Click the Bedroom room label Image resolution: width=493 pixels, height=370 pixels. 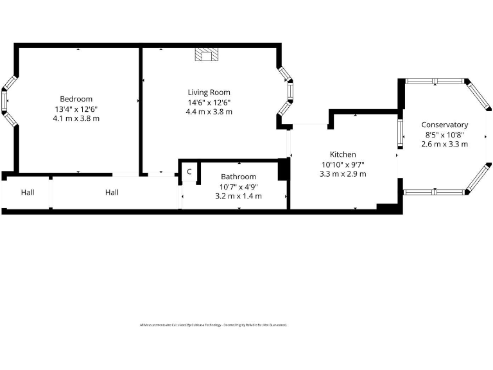[x=76, y=99]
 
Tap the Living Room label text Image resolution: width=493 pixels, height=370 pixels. [x=209, y=92]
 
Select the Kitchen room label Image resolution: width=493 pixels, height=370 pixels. [x=343, y=154]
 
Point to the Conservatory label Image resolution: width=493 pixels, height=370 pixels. [x=444, y=125]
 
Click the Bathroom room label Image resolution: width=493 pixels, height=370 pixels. [x=238, y=177]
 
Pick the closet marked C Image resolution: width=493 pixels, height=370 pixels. [x=189, y=172]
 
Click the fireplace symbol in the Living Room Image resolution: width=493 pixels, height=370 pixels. [x=206, y=55]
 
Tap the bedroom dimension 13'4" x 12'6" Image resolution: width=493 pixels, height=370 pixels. [x=76, y=109]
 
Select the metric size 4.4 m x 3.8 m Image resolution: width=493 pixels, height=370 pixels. [x=209, y=112]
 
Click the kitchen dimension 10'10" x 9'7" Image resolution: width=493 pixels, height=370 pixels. [x=343, y=164]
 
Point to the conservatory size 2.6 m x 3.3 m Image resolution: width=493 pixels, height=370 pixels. [x=444, y=144]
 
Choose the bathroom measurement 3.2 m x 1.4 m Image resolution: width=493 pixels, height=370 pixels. [x=238, y=196]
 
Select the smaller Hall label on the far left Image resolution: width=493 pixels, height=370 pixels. [x=27, y=192]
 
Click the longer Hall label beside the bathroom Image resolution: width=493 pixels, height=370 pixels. [x=112, y=192]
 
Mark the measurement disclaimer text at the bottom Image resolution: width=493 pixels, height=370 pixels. [x=213, y=325]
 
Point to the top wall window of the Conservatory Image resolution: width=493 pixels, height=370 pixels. [x=435, y=82]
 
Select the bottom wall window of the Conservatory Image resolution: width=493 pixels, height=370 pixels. [x=435, y=191]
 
